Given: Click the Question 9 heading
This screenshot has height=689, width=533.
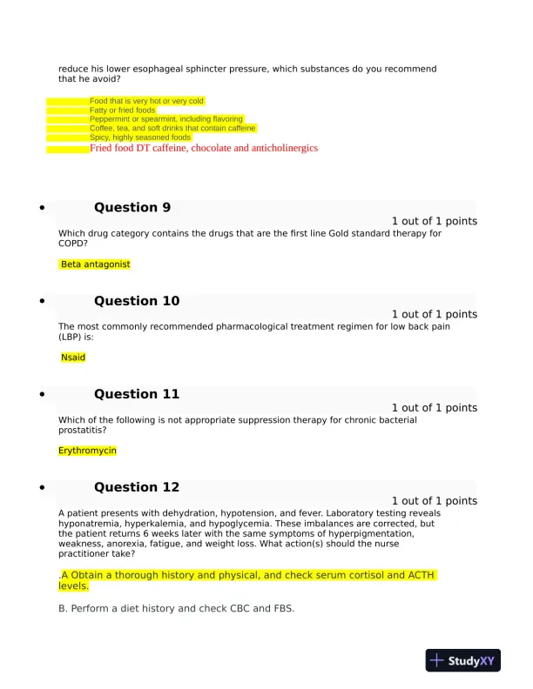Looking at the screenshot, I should pyautogui.click(x=132, y=207).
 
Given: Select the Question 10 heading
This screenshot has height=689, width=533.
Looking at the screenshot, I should pyautogui.click(x=137, y=301).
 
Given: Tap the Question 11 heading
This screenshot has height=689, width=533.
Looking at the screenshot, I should pyautogui.click(x=137, y=394).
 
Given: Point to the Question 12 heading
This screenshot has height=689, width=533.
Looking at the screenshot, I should pyautogui.click(x=137, y=487).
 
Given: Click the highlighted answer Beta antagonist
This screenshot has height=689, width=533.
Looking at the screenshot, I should pyautogui.click(x=96, y=264).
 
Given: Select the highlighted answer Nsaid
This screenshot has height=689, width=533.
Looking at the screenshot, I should pyautogui.click(x=73, y=358).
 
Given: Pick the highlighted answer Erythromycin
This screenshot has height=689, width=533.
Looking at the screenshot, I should pyautogui.click(x=87, y=451).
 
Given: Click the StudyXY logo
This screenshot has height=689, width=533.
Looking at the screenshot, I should pyautogui.click(x=464, y=661).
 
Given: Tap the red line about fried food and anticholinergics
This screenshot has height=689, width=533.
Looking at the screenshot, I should pyautogui.click(x=204, y=149).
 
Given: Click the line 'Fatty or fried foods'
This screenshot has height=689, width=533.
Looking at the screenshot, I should pyautogui.click(x=122, y=110).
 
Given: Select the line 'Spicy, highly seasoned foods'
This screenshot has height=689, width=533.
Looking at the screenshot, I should pyautogui.click(x=139, y=137).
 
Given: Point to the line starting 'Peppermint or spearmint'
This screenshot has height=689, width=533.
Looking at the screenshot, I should pyautogui.click(x=165, y=119).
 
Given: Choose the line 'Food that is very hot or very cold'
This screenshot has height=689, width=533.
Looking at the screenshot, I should pyautogui.click(x=146, y=101).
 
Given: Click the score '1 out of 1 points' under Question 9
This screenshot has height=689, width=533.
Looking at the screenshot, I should pyautogui.click(x=434, y=221).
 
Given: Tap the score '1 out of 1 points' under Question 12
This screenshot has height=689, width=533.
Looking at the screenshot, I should pyautogui.click(x=434, y=501).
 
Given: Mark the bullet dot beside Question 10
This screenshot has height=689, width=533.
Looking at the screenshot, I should pyautogui.click(x=41, y=302).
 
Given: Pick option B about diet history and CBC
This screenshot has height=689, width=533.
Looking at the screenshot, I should pyautogui.click(x=176, y=608).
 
